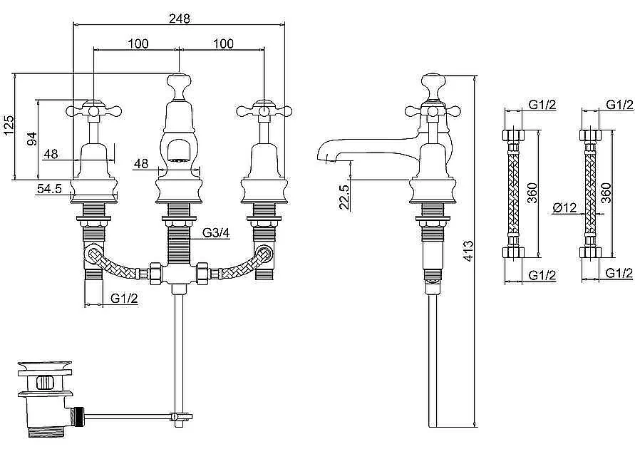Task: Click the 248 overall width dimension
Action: [x=180, y=19]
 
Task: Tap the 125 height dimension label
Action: [x=9, y=125]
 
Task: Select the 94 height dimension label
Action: [x=32, y=139]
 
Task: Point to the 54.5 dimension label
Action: [x=49, y=189]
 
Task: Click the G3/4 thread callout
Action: [x=216, y=233]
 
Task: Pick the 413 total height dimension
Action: [x=468, y=251]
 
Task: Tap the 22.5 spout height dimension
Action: [x=344, y=197]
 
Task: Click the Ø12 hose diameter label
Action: [x=564, y=207]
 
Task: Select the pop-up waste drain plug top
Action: [x=45, y=366]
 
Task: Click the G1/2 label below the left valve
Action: [x=124, y=299]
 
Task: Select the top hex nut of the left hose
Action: [x=514, y=135]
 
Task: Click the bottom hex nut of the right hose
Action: [x=590, y=252]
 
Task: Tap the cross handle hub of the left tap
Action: [x=93, y=110]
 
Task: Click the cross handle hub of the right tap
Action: [x=264, y=110]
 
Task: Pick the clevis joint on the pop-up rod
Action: [x=179, y=416]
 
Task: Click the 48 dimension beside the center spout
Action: [x=141, y=164]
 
